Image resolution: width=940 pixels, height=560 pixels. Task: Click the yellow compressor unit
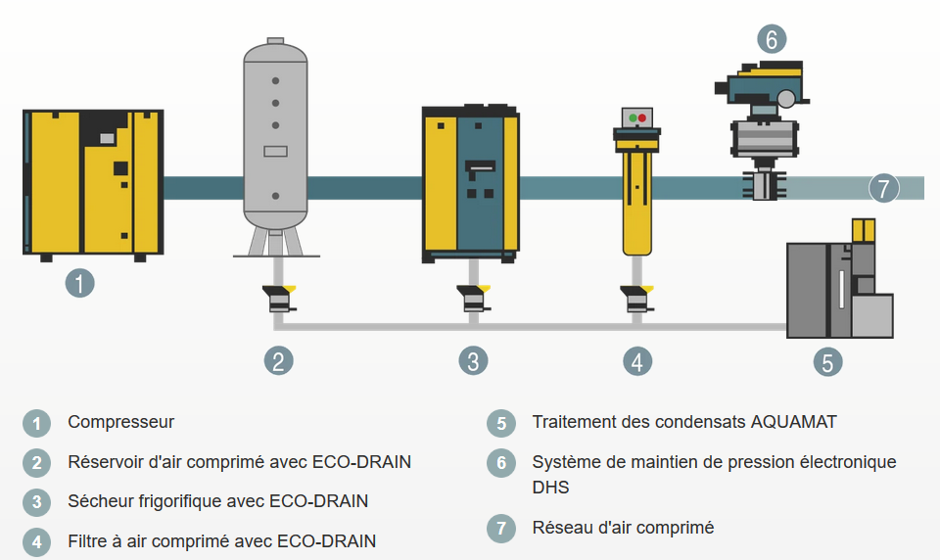pos(92,182)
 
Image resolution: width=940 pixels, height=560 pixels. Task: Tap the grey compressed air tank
pos(276,137)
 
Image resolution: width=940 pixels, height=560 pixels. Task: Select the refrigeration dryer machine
pos(470,182)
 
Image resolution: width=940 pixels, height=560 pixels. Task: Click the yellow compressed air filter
pos(636,196)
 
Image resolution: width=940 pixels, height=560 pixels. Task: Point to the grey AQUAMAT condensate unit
pos(839,290)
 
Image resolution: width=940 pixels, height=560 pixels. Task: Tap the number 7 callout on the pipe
pos(883,188)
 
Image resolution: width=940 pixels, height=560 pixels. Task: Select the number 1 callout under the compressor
pos(79,284)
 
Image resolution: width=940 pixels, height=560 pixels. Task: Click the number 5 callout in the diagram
pos(827,361)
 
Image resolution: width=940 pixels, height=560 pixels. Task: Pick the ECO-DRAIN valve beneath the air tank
pos(277,298)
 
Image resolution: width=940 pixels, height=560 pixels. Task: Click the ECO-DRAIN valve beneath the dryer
pos(472,298)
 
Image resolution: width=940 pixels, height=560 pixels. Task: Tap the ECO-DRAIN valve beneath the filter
pos(636,298)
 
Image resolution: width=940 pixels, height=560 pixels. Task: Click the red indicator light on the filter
pos(642,117)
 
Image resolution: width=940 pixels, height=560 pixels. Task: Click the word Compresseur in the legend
pos(120,422)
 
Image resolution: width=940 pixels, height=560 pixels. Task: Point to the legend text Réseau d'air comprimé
pos(623,528)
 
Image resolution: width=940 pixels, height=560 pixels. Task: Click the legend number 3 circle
pos(36,502)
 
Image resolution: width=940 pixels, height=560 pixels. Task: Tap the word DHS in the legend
pos(550,487)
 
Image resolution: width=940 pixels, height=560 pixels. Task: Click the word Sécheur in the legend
pos(100,501)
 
